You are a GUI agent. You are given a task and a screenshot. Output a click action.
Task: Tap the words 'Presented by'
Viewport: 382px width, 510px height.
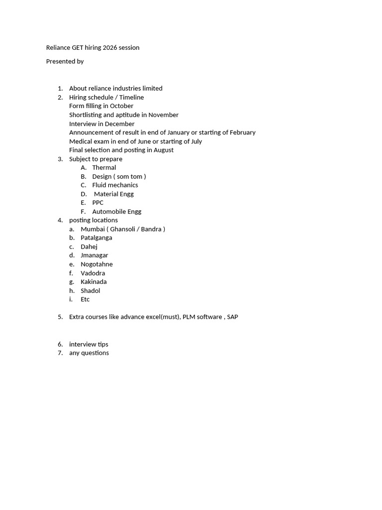click(x=65, y=61)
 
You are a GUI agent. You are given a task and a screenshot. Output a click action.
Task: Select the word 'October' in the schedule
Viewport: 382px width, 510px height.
click(x=122, y=106)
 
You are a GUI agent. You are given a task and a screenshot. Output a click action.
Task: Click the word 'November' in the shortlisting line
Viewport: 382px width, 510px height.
click(x=163, y=115)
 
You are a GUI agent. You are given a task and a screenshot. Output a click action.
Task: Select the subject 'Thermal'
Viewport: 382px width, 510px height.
click(x=104, y=168)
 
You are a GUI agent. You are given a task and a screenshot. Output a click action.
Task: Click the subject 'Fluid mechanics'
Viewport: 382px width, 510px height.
click(x=115, y=185)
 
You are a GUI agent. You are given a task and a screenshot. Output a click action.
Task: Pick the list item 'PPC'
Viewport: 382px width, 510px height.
click(x=98, y=203)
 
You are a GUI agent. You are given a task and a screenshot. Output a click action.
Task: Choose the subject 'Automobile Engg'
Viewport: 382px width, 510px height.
click(x=116, y=212)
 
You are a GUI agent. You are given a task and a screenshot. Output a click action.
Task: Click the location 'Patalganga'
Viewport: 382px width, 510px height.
click(x=96, y=238)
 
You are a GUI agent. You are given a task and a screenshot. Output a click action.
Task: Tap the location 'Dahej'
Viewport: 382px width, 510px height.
click(x=89, y=247)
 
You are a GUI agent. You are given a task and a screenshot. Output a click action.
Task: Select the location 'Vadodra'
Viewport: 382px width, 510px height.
click(x=93, y=273)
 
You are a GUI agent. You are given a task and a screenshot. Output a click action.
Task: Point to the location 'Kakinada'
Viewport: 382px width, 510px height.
click(x=94, y=282)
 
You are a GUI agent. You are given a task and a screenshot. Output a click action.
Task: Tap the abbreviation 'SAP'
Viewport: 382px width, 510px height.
click(x=232, y=317)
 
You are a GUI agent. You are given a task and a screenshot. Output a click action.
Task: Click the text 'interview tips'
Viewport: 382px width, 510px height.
click(x=89, y=344)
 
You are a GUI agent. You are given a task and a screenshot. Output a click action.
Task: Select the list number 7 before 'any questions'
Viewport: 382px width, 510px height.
click(x=60, y=353)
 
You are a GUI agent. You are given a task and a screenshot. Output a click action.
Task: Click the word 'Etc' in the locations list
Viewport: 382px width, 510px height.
click(x=85, y=299)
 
